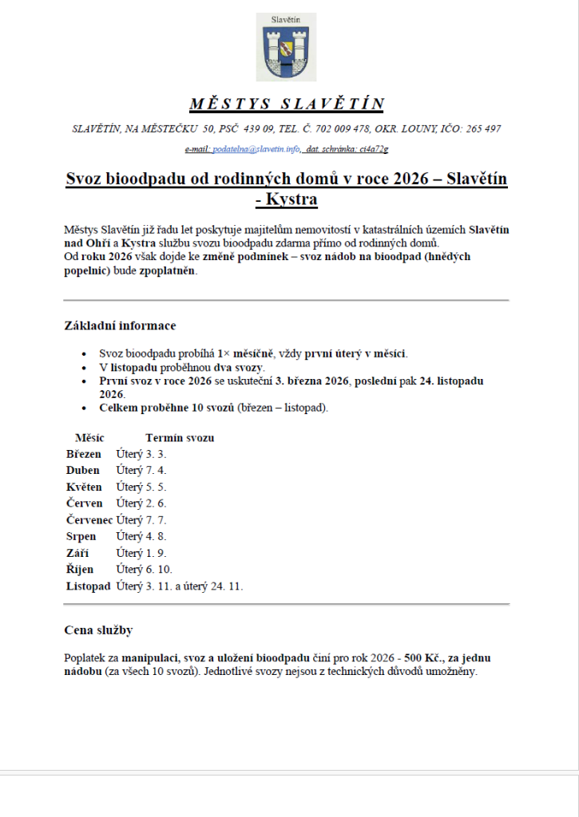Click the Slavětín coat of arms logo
pos(287,48)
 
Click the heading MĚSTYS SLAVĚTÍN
pos(287,105)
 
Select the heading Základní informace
pos(120,326)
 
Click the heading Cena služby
pos(98,630)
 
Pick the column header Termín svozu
pos(180,438)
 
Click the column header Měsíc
pos(89,438)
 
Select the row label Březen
pos(84,454)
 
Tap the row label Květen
pos(84,487)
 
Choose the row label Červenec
pos(89,520)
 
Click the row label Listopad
pos(88,586)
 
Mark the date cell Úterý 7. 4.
pos(141,471)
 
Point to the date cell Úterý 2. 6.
pos(141,503)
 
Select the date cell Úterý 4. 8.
pos(141,537)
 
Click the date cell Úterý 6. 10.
pos(145,570)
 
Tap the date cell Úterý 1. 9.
pos(141,553)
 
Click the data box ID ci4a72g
pos(374,149)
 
